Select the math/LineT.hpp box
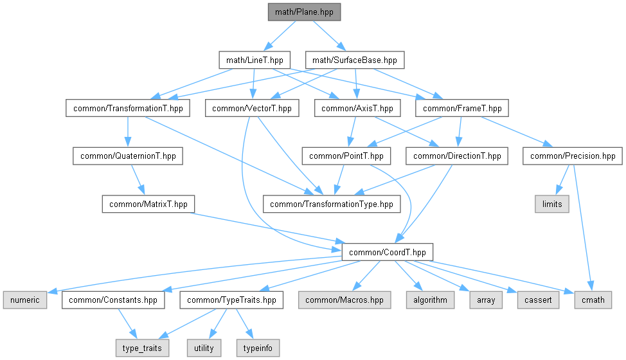255,60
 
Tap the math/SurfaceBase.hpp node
354,60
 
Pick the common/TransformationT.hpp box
128,108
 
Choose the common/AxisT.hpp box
357,108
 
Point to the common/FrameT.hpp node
463,108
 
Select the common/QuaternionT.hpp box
128,156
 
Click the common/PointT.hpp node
346,156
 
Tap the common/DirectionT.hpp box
457,156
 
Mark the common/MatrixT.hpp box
148,204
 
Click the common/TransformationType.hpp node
332,204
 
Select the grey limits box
551,204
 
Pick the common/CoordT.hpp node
387,252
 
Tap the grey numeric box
24,300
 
